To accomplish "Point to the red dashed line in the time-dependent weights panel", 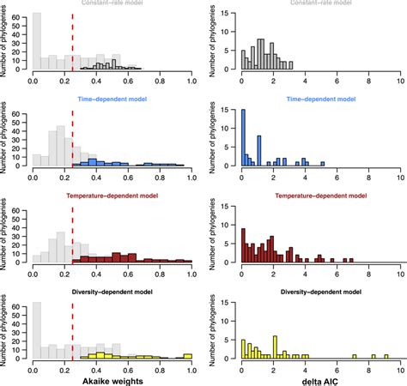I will click(72, 137).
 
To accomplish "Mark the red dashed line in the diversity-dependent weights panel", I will click(72, 330).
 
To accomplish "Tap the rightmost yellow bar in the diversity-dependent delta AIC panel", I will click(387, 356).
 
